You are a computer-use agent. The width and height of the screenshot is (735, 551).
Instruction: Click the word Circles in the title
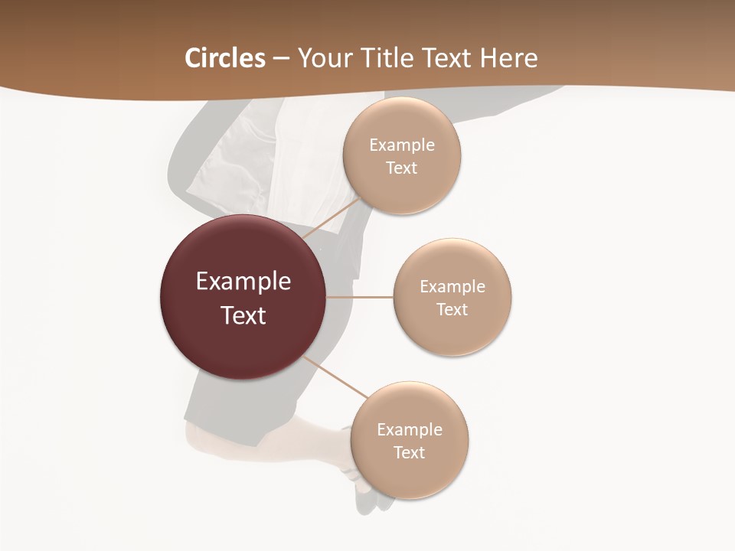[x=225, y=58]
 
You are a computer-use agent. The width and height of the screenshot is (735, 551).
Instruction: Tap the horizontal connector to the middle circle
[x=360, y=297]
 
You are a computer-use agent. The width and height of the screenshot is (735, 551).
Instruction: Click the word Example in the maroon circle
[x=243, y=282]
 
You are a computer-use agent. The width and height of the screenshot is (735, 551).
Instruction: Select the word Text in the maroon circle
[x=243, y=315]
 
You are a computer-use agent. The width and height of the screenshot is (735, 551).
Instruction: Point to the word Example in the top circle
[x=402, y=145]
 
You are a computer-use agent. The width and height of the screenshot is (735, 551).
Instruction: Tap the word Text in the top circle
[x=402, y=168]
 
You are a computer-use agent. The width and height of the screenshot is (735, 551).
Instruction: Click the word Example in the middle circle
[x=452, y=287]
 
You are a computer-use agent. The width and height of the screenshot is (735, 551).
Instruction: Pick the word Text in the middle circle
[x=452, y=309]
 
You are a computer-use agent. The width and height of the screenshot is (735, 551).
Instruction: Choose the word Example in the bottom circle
[x=410, y=430]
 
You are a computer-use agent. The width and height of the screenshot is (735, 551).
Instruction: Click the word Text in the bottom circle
[x=410, y=452]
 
